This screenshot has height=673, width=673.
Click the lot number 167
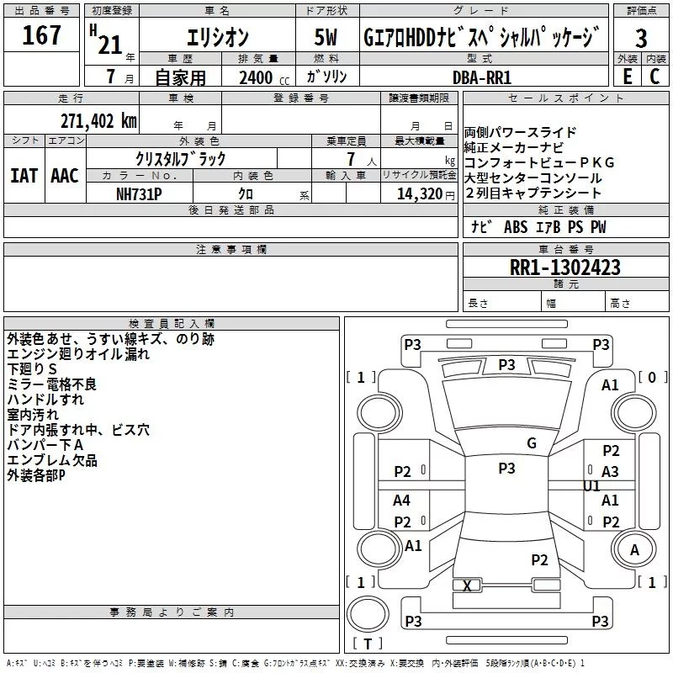pos(42,36)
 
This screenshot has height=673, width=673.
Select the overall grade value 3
pos(641,38)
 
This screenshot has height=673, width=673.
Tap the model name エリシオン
pos(216,38)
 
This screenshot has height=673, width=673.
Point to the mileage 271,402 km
pos(98,120)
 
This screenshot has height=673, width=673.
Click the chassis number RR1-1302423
pos(565,268)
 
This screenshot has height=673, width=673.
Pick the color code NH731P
pos(140,193)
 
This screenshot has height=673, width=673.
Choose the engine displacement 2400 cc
pos(256,77)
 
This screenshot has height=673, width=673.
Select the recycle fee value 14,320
pos(415,193)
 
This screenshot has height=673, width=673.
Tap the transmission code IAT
pos(24,176)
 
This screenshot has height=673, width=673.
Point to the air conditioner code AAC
pos(65,176)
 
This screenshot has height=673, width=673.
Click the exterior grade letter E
pos(627,77)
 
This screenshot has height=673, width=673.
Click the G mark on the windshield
pos(531,442)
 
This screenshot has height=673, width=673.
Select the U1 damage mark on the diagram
pos(591,485)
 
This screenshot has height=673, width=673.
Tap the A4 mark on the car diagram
pos(402,501)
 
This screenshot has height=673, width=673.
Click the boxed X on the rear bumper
pos(467,586)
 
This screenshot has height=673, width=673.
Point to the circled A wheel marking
pos(635,549)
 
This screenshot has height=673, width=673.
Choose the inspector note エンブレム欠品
pos(52,460)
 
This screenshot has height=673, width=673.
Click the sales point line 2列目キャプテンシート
pos(533,193)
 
